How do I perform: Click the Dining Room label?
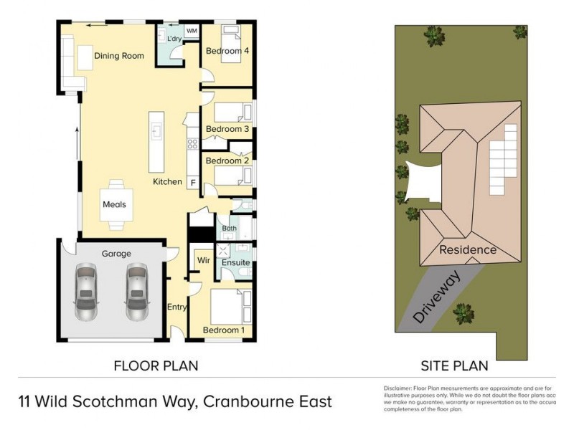tap(119, 56)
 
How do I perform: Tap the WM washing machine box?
tap(192, 32)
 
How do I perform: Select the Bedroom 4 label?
tap(228, 52)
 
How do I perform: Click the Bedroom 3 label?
tap(227, 129)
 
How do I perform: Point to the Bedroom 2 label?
tap(227, 161)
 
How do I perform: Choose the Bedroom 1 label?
tap(224, 330)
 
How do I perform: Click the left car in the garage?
tap(85, 292)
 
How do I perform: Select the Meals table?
tap(114, 205)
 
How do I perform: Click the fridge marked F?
tap(192, 183)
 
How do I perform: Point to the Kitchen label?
tap(167, 182)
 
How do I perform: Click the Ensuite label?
tap(235, 263)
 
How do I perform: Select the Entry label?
tap(177, 307)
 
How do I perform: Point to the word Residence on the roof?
tap(467, 250)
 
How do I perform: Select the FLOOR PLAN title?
tap(156, 365)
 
